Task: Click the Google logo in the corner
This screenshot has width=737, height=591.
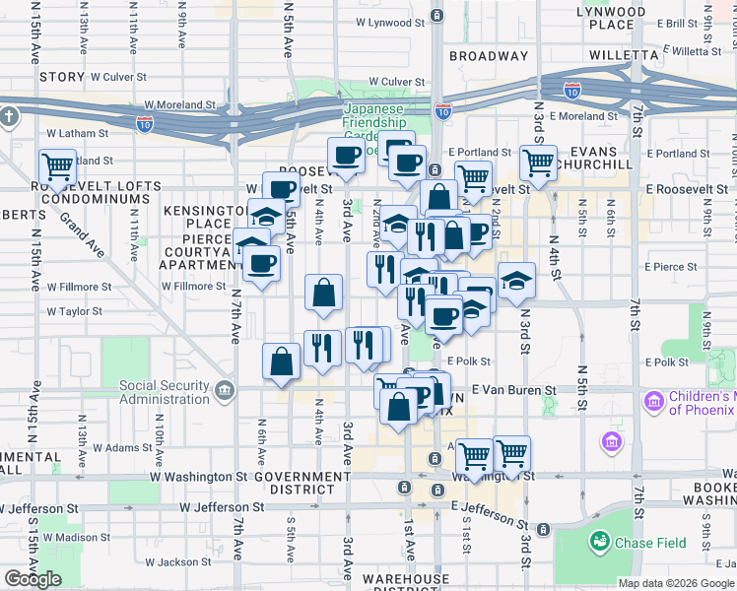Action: [x=33, y=579]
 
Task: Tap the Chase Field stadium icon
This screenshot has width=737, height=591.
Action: [x=599, y=541]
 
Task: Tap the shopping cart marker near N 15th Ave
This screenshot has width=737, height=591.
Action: [x=57, y=167]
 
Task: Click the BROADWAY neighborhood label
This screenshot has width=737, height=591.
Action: [x=489, y=56]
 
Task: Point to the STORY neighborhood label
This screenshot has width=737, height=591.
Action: [x=62, y=76]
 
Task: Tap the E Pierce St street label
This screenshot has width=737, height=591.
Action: [x=670, y=266]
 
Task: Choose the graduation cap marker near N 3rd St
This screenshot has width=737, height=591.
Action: [x=516, y=281]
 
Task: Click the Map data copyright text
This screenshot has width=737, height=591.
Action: [x=675, y=583]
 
